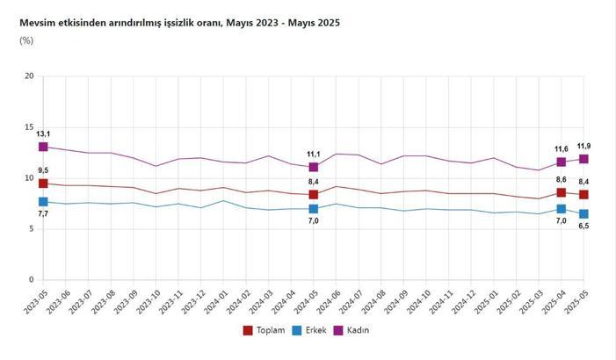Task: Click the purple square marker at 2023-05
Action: coord(43,147)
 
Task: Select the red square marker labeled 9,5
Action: coord(43,184)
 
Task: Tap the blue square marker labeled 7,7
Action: coord(43,202)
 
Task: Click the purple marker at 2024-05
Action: coord(314,167)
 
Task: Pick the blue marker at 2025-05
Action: coord(583,214)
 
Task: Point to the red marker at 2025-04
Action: coord(562,192)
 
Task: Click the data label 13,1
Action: coord(43,134)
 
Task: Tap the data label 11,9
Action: coord(583,146)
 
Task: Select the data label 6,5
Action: coord(583,227)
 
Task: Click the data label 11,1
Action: coord(314,154)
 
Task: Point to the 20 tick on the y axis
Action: coord(29,76)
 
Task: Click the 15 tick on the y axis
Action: coord(29,127)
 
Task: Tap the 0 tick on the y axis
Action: coord(31,280)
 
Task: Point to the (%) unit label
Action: coord(26,41)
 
